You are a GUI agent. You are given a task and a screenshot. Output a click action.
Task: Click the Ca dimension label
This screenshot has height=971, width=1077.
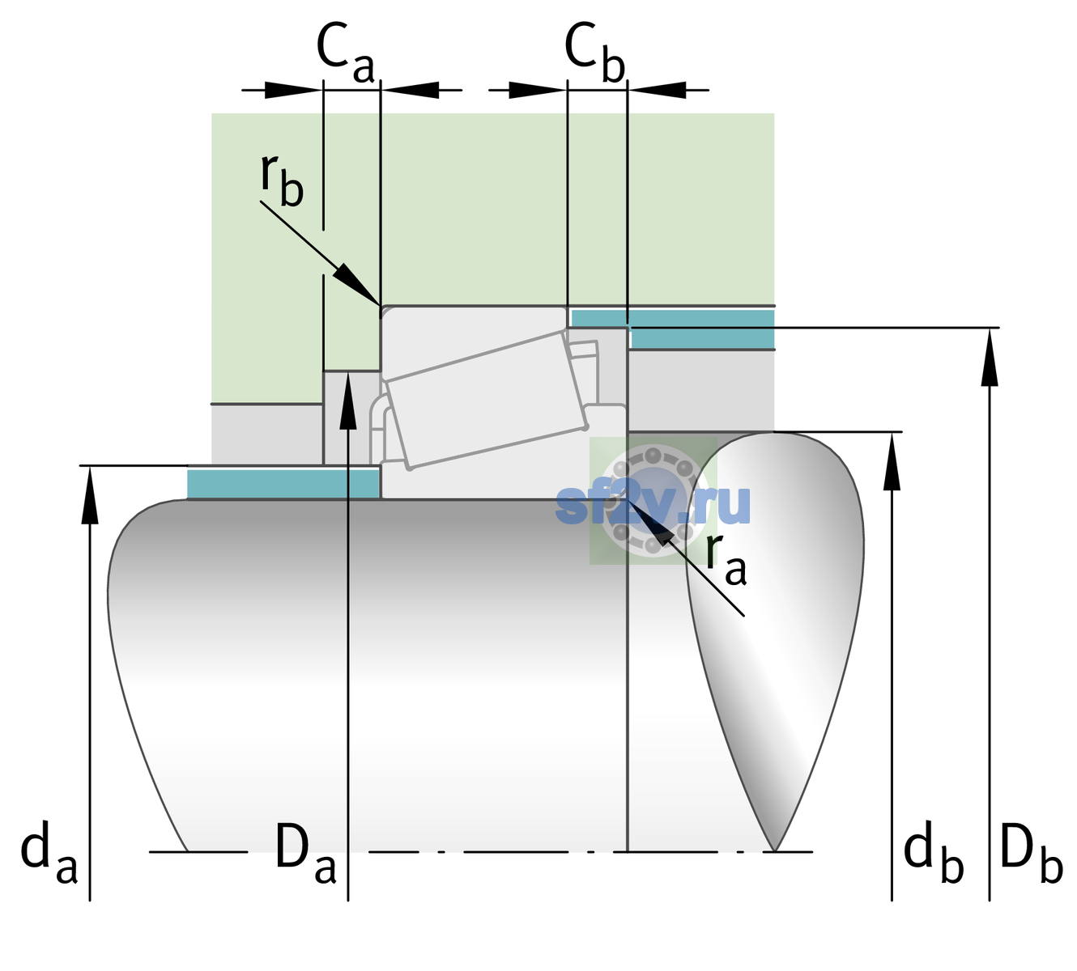pyautogui.click(x=345, y=53)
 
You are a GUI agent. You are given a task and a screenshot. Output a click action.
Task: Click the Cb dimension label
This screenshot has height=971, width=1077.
pyautogui.click(x=595, y=53)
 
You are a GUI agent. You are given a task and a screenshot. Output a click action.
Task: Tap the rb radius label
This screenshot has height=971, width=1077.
pyautogui.click(x=283, y=180)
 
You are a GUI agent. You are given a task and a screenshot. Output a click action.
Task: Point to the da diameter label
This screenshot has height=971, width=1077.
pyautogui.click(x=49, y=852)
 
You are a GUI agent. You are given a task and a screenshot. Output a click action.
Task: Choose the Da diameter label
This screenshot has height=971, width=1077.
pyautogui.click(x=306, y=852)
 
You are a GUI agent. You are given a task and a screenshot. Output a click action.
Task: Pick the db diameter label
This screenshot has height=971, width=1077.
pyautogui.click(x=933, y=852)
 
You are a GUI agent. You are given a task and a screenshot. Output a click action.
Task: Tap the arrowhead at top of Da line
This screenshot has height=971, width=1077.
pyautogui.click(x=348, y=400)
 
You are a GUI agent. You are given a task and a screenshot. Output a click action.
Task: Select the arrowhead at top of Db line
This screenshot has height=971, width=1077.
pyautogui.click(x=990, y=357)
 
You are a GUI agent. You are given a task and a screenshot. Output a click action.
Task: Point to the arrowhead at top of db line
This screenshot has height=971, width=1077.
pyautogui.click(x=892, y=461)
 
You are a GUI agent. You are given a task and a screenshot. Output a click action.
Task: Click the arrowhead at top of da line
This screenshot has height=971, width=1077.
pyautogui.click(x=90, y=494)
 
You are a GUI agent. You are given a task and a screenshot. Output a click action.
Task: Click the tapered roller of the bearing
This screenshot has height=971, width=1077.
pyautogui.click(x=487, y=400)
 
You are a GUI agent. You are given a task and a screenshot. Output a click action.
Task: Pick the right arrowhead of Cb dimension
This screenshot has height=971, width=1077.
pyautogui.click(x=658, y=90)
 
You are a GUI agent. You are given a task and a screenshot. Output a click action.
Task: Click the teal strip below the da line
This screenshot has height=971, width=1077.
pyautogui.click(x=283, y=484)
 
